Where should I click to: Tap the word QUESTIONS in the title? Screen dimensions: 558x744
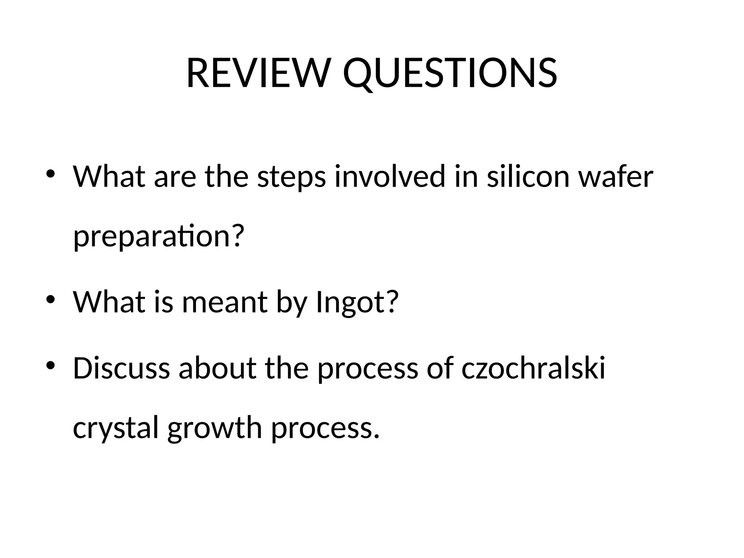[x=450, y=74]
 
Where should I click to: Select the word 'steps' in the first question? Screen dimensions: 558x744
[x=291, y=177]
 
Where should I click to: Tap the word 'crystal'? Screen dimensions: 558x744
[x=116, y=428]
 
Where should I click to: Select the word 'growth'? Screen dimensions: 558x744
[x=215, y=428]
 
